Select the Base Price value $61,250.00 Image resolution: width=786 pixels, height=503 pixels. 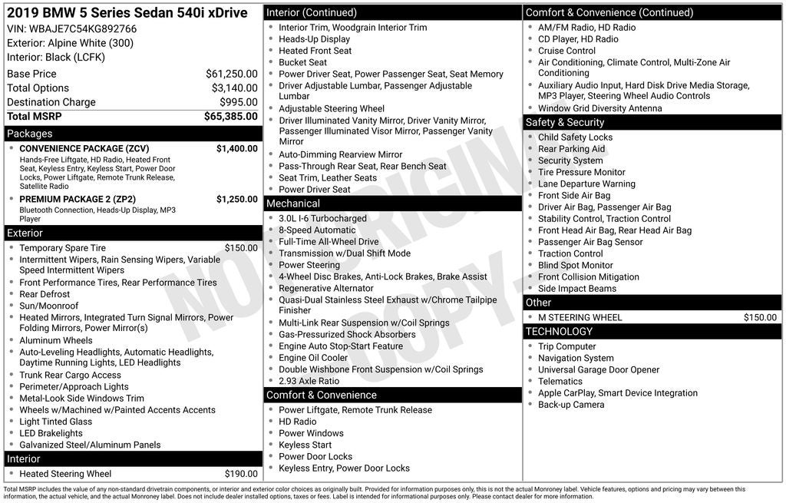(x=231, y=74)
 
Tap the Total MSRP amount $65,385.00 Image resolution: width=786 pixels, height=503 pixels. (x=230, y=117)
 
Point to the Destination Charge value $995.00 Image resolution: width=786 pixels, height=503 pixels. (x=238, y=102)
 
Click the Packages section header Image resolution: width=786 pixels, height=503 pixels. (x=30, y=134)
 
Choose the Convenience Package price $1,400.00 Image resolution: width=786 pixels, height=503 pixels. (x=236, y=148)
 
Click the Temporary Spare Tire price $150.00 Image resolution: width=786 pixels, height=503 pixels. (x=241, y=248)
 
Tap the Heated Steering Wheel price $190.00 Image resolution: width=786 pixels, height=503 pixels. (x=241, y=474)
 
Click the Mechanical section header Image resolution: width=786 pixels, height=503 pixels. (x=292, y=204)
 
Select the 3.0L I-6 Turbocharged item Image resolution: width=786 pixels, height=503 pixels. (x=322, y=219)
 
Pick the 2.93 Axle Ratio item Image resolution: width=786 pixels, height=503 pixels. (x=309, y=381)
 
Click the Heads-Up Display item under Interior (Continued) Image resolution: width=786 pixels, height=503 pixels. (x=314, y=39)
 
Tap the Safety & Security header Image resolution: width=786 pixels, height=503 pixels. (x=564, y=122)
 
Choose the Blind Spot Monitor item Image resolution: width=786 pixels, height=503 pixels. (x=575, y=266)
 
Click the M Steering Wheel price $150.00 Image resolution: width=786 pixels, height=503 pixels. (x=760, y=317)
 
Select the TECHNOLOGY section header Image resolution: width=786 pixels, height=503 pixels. (x=559, y=332)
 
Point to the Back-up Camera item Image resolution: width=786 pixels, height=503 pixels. (x=570, y=405)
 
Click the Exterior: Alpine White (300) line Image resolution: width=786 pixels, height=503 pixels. (x=70, y=43)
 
